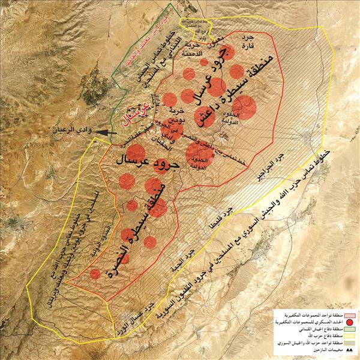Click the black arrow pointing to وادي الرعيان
(100, 130)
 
